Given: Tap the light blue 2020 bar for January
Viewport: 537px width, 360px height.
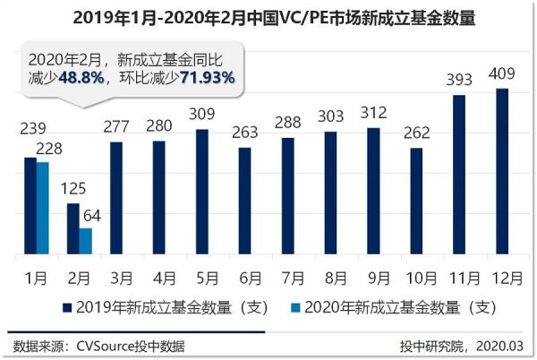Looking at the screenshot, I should [42, 210].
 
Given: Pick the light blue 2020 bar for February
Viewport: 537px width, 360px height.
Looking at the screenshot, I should [85, 242].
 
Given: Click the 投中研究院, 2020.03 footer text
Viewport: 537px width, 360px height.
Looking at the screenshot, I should [461, 346].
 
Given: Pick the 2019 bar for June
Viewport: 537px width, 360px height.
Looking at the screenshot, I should [244, 202].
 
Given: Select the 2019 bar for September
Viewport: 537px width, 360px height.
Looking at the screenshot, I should [373, 192].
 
